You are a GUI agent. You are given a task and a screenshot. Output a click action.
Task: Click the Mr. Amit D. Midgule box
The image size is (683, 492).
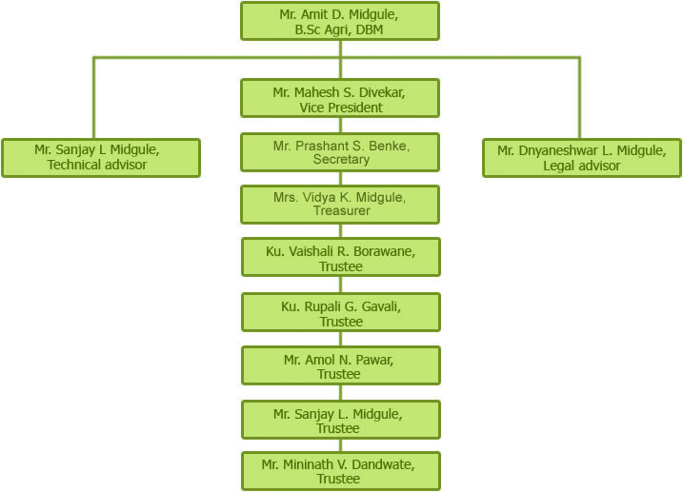(x=340, y=21)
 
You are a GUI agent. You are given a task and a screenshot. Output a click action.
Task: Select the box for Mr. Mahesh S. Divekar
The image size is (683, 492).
(x=340, y=98)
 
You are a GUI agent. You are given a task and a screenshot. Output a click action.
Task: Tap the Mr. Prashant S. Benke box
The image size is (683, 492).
(x=340, y=152)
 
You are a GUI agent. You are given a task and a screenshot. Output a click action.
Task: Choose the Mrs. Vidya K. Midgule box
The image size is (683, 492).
(x=340, y=204)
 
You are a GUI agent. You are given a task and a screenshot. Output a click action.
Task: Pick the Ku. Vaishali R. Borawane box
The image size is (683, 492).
(x=340, y=256)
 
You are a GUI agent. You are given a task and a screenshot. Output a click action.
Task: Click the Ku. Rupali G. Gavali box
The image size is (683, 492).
(x=340, y=311)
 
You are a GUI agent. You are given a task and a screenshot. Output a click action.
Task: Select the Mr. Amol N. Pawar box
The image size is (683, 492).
(x=340, y=365)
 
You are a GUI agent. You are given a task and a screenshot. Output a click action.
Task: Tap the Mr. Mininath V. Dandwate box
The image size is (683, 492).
(x=340, y=471)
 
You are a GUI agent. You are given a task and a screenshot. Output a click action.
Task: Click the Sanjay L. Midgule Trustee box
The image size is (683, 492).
(x=340, y=419)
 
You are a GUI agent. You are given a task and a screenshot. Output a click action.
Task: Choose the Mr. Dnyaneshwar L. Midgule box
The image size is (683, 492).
(x=581, y=158)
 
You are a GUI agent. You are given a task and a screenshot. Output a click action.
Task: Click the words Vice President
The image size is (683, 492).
(x=340, y=108)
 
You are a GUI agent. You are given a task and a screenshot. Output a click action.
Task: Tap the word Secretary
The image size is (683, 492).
(x=340, y=160)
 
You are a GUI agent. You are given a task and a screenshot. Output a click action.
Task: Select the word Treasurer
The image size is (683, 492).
(x=340, y=211)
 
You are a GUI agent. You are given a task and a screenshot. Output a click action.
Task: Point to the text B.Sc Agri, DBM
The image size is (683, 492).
(x=340, y=30)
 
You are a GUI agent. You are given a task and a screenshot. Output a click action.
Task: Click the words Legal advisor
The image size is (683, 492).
(x=581, y=167)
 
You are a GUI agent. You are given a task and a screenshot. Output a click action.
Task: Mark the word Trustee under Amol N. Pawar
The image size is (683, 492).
(x=340, y=374)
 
